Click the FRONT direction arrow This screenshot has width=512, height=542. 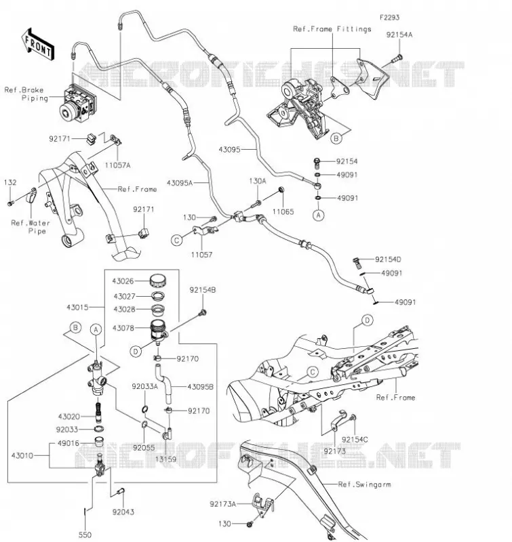38,45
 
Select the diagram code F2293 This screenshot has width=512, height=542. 389,18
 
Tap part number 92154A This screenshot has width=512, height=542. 399,35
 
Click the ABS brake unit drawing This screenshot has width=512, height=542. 78,104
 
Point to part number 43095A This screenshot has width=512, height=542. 180,183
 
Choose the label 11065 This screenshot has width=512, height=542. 283,211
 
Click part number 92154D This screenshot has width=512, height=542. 388,259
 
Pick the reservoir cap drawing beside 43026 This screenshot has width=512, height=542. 158,280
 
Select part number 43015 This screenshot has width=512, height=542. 77,307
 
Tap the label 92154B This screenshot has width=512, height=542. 202,290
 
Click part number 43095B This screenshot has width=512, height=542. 200,386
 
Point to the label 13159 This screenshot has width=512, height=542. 165,459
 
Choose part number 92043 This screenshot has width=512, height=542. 123,512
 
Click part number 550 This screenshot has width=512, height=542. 85,535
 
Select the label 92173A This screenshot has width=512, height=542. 223,504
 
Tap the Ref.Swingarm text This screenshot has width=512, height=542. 364,484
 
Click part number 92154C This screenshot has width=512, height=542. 355,439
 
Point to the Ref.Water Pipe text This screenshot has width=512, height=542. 31,227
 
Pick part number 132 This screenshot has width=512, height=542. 10,182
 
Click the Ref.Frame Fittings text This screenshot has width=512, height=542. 332,29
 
